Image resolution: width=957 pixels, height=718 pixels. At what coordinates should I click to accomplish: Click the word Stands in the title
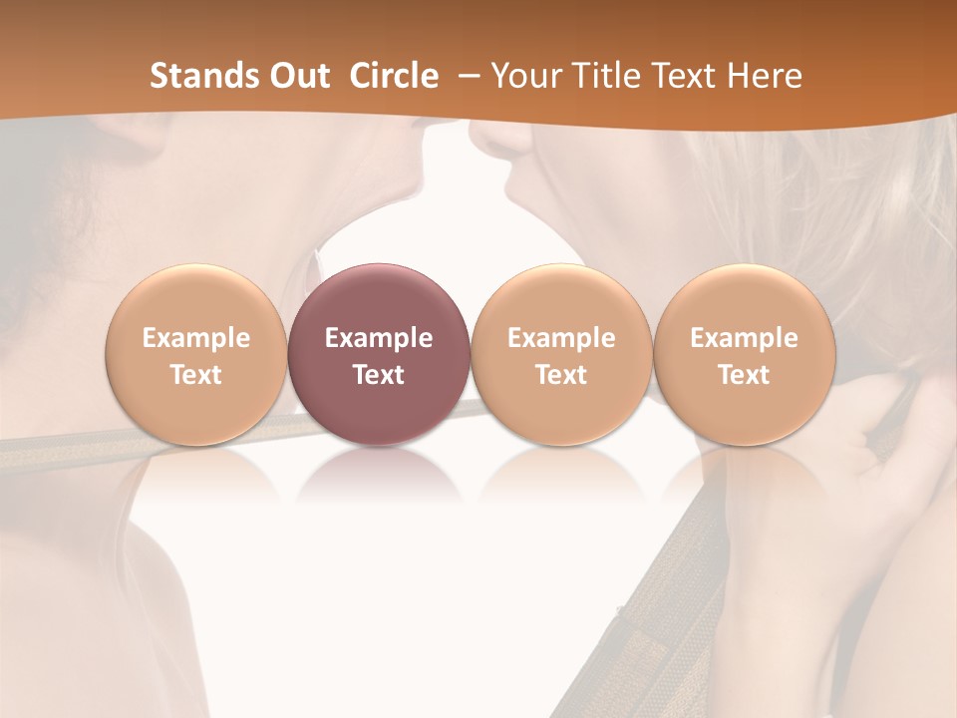point(201,76)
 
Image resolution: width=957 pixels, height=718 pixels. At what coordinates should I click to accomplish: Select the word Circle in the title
point(394,76)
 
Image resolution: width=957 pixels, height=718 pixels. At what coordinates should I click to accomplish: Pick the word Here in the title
point(764,76)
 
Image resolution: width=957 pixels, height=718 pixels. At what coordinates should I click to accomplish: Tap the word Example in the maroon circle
point(379,338)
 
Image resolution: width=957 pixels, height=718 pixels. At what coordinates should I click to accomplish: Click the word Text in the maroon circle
point(379,375)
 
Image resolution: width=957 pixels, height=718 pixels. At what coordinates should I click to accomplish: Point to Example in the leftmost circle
point(195,338)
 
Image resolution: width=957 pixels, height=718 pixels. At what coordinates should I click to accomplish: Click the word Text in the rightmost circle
point(744,375)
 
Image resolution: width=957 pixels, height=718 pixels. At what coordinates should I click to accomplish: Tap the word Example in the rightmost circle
point(744,338)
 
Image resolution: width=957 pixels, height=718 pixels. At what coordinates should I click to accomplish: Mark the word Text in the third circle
point(560,375)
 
